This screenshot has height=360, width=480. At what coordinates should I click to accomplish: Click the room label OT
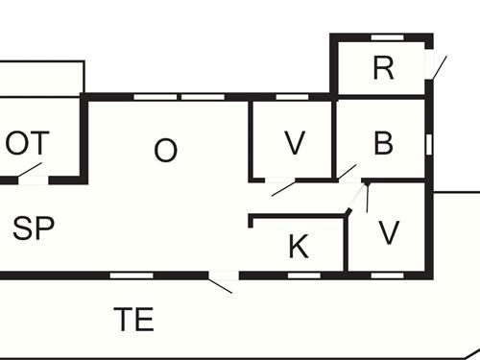[x=28, y=144]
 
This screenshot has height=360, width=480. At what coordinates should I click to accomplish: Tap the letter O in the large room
[x=166, y=151]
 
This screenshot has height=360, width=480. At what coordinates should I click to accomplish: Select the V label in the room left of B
[x=295, y=144]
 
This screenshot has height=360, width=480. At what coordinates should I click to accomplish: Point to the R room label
[x=384, y=68]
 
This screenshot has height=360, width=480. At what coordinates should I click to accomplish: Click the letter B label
[x=383, y=144]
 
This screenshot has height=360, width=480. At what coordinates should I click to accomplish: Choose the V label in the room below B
[x=389, y=233]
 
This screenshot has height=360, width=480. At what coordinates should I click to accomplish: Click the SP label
[x=33, y=228]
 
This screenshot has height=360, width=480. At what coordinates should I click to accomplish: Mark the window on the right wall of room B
[x=429, y=144]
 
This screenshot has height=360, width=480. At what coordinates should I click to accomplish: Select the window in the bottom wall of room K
[x=303, y=275]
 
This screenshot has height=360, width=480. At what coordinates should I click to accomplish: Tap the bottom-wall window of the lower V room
[x=385, y=275]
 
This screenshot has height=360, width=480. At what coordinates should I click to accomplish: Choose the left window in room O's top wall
[x=148, y=97]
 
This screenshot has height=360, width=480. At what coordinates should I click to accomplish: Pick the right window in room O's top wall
[x=198, y=97]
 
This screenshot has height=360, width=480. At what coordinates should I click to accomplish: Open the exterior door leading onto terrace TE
[x=222, y=282]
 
